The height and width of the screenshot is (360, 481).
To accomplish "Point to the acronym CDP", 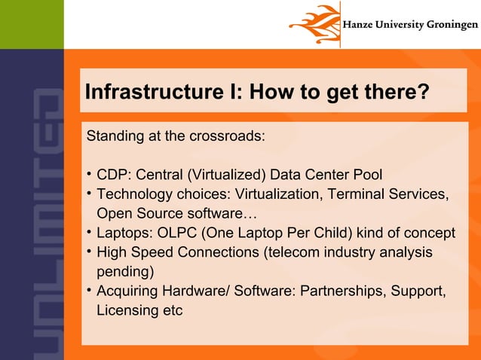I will pos(111,175).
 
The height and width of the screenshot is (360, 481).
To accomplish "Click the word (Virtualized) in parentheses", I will pos(228,175).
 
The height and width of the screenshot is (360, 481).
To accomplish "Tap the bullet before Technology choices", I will pos(90,194).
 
